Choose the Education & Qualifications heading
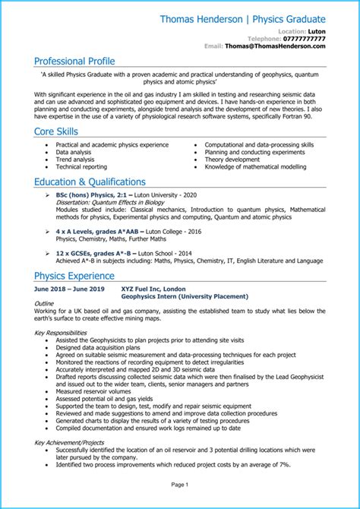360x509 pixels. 90,182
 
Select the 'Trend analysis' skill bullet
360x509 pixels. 75,160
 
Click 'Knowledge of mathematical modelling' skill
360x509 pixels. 251,168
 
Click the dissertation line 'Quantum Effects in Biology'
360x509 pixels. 111,203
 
